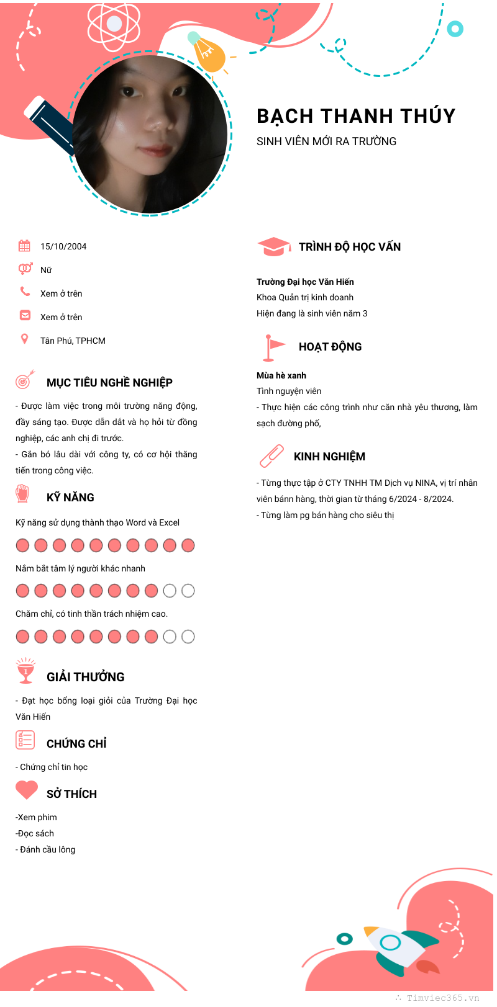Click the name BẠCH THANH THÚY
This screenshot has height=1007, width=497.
click(x=356, y=116)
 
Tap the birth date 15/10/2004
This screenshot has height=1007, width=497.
click(x=63, y=246)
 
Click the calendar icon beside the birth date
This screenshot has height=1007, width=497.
click(x=24, y=246)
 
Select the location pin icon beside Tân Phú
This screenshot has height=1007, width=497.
click(x=25, y=339)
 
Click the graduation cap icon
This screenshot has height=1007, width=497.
click(x=273, y=246)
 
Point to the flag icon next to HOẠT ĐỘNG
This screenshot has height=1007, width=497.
click(x=273, y=347)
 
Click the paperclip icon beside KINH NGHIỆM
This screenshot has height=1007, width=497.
click(x=271, y=456)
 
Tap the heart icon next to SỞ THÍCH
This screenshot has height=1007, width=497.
click(x=27, y=790)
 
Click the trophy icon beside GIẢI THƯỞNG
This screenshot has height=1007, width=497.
click(x=25, y=671)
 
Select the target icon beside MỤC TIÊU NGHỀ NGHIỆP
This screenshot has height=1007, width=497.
click(x=25, y=379)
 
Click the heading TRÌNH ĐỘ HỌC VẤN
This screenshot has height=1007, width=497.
click(x=350, y=247)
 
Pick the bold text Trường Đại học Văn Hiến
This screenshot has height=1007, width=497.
click(x=305, y=282)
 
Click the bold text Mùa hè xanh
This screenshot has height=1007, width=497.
click(x=281, y=375)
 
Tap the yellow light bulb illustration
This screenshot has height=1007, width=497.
click(x=207, y=53)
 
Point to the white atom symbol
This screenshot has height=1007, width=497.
click(x=114, y=24)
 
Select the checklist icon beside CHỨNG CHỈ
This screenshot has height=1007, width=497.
click(x=25, y=740)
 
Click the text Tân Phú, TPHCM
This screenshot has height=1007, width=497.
click(x=73, y=341)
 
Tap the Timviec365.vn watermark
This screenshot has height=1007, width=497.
click(x=443, y=998)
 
